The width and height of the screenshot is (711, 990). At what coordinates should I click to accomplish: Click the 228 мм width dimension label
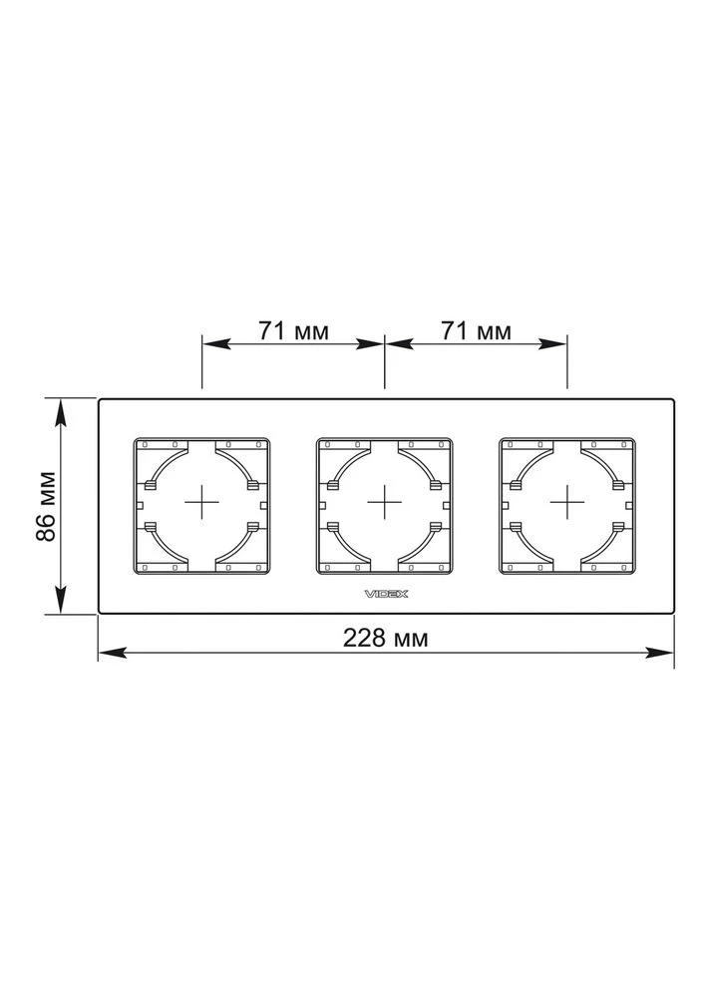(386, 639)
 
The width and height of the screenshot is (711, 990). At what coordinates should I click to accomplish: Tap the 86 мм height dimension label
(47, 506)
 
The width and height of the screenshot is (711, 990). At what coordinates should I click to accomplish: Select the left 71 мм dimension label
(293, 330)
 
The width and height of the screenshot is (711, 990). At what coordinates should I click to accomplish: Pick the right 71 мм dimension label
(476, 330)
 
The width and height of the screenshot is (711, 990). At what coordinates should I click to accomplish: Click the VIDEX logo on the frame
(386, 594)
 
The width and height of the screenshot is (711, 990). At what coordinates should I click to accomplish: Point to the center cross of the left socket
(201, 503)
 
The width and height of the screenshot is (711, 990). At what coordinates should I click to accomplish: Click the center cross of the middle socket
(385, 503)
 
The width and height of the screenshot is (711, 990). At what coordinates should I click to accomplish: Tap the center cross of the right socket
(567, 503)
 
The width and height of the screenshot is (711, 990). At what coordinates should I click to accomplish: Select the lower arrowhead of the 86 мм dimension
(61, 599)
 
